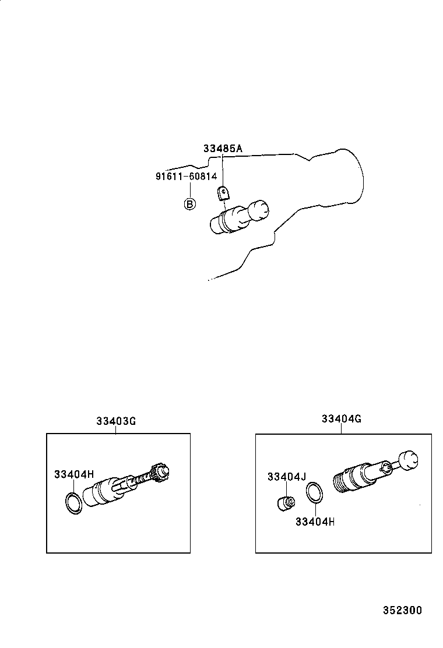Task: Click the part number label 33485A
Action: coord(222,149)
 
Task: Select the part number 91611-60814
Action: coord(186,175)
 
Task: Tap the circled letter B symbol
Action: coord(190,204)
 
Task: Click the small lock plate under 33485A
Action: coord(223,192)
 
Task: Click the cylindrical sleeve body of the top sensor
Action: coord(227,221)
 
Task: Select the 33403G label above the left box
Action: coord(116,421)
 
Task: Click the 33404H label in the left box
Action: coord(74,475)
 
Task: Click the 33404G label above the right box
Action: coord(341,419)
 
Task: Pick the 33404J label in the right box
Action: coord(287,477)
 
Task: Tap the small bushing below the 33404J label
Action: coord(284,502)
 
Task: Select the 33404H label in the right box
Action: coord(315,522)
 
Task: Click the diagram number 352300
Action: coord(402,611)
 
